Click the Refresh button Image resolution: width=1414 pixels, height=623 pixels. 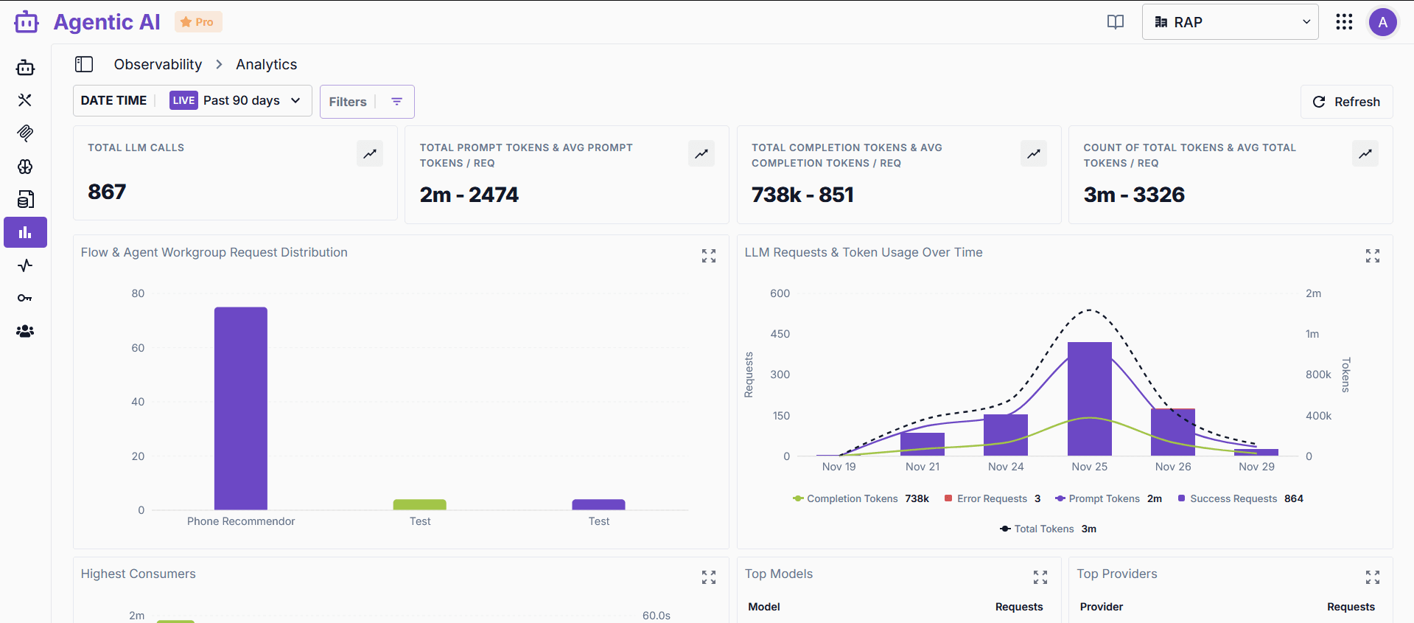1346,102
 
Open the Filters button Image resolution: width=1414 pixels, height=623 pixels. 366,102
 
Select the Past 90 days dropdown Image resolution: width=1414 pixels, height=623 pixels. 251,100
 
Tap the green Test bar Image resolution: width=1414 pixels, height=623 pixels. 419,504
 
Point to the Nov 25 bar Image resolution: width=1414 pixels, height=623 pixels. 1089,398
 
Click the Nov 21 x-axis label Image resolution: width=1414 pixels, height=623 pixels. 923,467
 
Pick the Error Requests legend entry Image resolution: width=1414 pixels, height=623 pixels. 992,499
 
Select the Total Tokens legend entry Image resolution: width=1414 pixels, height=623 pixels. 1043,529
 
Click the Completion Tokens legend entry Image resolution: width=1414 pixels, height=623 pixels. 852,499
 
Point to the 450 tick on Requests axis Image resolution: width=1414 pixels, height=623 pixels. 780,334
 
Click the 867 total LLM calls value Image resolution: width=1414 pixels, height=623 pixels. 107,192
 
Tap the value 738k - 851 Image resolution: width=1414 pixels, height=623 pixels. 802,195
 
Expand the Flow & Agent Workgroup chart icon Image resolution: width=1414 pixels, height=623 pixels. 709,256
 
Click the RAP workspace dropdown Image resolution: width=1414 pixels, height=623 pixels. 1230,22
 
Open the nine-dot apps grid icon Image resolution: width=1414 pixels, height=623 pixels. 1344,22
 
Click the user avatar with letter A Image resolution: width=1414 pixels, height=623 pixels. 1382,22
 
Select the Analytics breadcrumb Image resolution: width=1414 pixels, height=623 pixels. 266,64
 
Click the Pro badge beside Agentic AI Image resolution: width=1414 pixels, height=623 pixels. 197,22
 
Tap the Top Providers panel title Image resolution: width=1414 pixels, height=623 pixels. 1116,574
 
